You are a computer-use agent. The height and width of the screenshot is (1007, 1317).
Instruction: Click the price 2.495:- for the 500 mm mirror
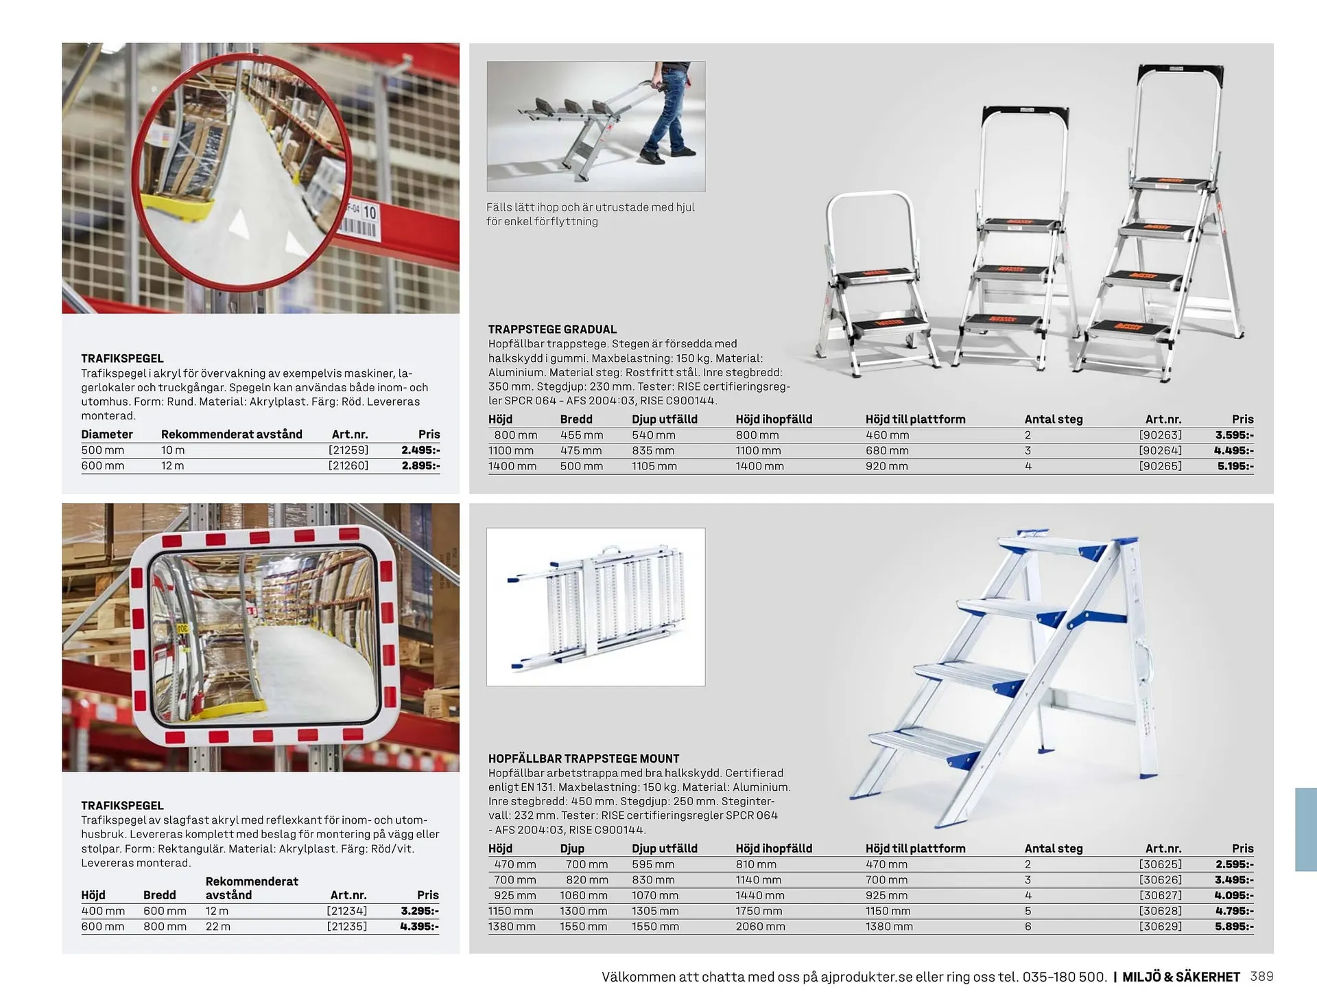point(420,450)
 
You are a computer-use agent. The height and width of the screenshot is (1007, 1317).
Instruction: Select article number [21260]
point(348,465)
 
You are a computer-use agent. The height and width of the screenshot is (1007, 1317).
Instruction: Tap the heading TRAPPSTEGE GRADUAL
point(552,329)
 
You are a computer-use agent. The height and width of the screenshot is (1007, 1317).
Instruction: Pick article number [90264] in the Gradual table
point(1160,451)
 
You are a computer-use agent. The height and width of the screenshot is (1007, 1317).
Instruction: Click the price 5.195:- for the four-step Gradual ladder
point(1235,466)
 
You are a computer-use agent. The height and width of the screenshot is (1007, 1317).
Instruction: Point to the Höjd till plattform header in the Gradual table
point(915,419)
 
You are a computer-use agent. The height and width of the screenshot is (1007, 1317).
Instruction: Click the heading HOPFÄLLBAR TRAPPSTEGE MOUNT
point(584,759)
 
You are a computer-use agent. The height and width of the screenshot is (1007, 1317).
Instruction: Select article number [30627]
point(1160,896)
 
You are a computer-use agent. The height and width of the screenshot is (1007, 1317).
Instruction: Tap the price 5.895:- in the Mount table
point(1234,927)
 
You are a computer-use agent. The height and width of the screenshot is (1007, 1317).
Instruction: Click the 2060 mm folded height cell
point(759,927)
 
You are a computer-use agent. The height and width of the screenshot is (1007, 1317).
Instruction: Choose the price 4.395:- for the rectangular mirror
point(419,927)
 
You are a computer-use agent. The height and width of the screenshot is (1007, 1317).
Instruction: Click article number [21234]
point(347,911)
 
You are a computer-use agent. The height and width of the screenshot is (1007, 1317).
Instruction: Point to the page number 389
point(1261,977)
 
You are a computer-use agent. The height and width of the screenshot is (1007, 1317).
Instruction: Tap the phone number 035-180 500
point(1064,977)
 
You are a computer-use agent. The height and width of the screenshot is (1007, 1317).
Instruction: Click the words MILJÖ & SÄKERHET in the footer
point(1181,977)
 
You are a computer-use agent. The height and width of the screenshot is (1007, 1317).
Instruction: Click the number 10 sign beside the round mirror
point(370,213)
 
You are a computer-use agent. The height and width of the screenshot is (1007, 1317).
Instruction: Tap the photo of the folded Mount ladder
point(595,607)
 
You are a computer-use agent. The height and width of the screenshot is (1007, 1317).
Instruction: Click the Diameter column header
point(107,435)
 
